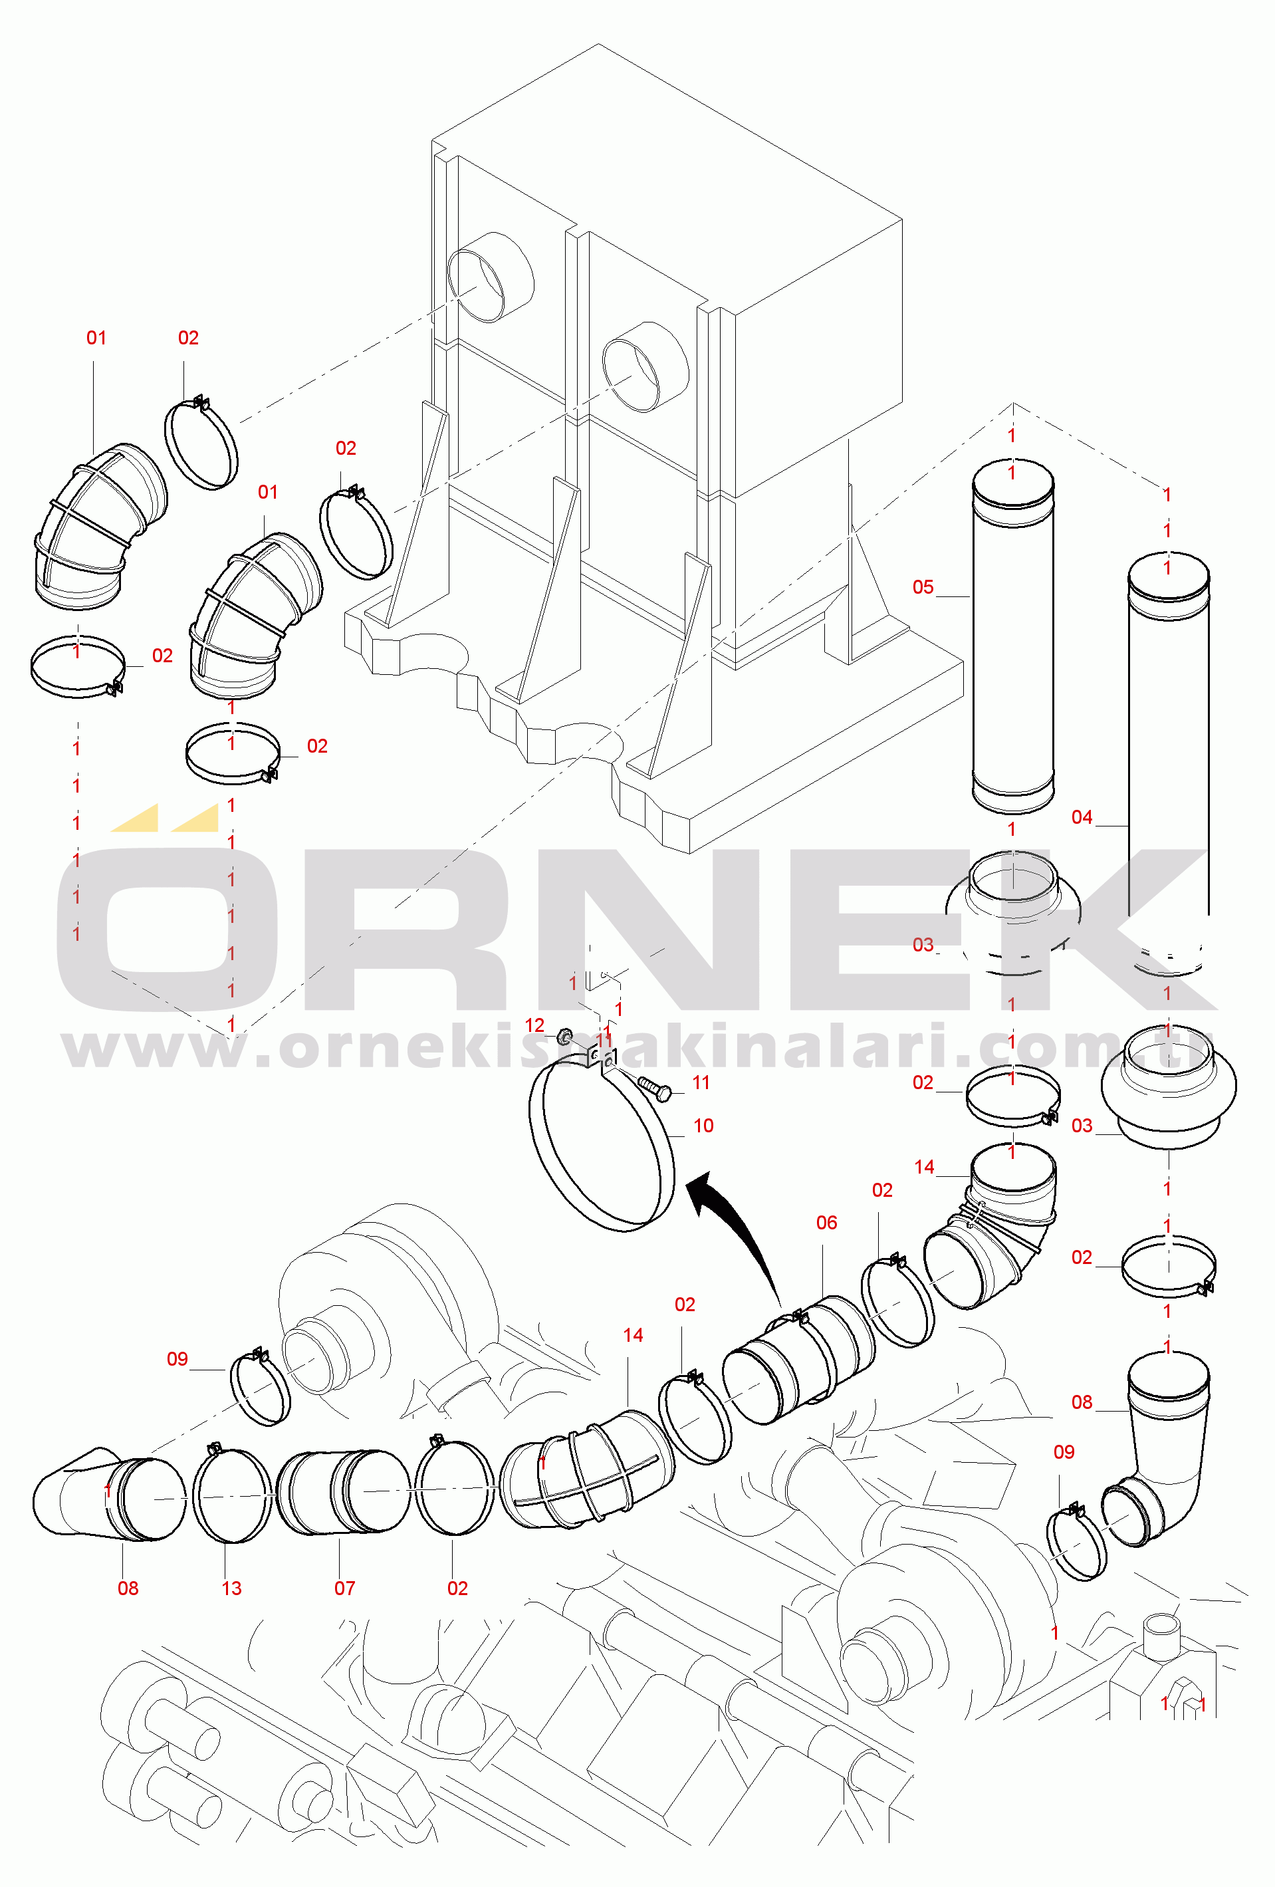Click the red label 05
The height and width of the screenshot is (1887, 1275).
[x=923, y=587]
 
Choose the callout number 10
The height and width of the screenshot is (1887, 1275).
[x=703, y=1126]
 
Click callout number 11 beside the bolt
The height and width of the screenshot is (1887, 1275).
[x=701, y=1082]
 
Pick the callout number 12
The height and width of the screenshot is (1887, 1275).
[x=534, y=1025]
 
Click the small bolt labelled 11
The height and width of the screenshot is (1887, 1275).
[x=655, y=1088]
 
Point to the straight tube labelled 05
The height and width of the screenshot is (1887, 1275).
[x=1013, y=636]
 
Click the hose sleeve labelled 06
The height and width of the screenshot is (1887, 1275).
[x=800, y=1358]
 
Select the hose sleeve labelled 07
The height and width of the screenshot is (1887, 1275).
[x=343, y=1493]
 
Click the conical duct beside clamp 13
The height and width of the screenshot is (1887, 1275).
[x=108, y=1494]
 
